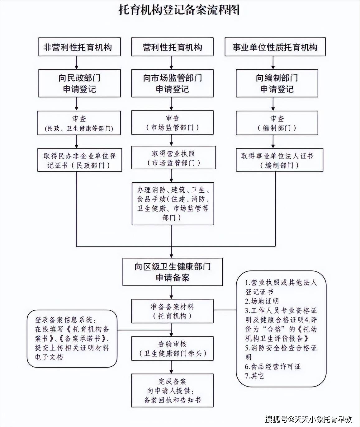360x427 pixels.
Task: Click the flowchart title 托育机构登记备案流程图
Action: [x=179, y=10]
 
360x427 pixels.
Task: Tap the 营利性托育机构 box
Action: [x=172, y=47]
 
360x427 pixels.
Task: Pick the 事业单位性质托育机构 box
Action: [x=275, y=47]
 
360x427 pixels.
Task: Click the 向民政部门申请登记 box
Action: [x=79, y=83]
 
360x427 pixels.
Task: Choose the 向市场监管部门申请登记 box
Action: [x=172, y=83]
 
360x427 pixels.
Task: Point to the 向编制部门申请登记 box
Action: [x=277, y=83]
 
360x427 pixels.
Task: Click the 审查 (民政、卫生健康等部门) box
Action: [x=79, y=123]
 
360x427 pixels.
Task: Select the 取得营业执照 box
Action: [x=173, y=158]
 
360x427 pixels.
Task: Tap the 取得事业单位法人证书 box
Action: [x=279, y=160]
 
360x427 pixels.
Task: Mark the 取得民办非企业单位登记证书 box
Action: [x=79, y=160]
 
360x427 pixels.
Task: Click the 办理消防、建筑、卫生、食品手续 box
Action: [x=173, y=204]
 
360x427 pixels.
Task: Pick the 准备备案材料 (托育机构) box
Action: [x=172, y=311]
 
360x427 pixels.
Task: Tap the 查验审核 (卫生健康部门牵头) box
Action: [x=172, y=349]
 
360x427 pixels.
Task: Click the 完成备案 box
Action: [x=172, y=391]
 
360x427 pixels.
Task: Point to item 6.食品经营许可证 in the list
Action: [x=273, y=367]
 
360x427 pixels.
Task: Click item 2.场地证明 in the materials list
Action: [x=262, y=301]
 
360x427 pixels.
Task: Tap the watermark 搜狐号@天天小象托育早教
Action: [x=308, y=419]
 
